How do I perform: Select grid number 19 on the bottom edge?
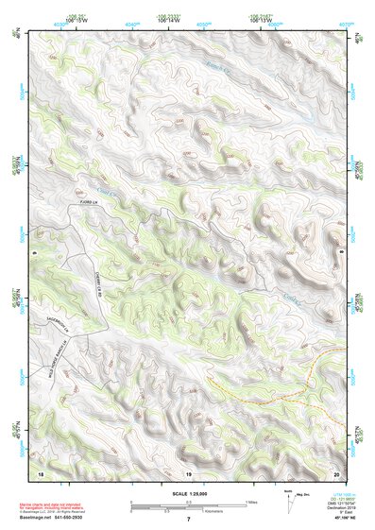pyautogui.click(x=188, y=471)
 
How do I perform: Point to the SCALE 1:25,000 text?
pyautogui.click(x=184, y=493)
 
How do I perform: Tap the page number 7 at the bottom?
pyautogui.click(x=188, y=520)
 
